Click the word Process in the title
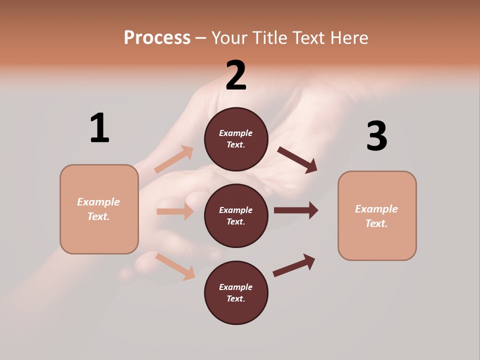157,38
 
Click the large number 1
99,128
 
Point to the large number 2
236,75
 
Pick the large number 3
376,136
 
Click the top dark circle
236,139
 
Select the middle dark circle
236,215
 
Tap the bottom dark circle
236,292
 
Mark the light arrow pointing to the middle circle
175,211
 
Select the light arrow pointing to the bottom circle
175,266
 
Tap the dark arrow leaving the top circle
297,159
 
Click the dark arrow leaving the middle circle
295,210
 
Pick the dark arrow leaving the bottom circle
294,265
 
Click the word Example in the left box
98,202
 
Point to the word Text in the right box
376,223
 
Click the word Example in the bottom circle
235,287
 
